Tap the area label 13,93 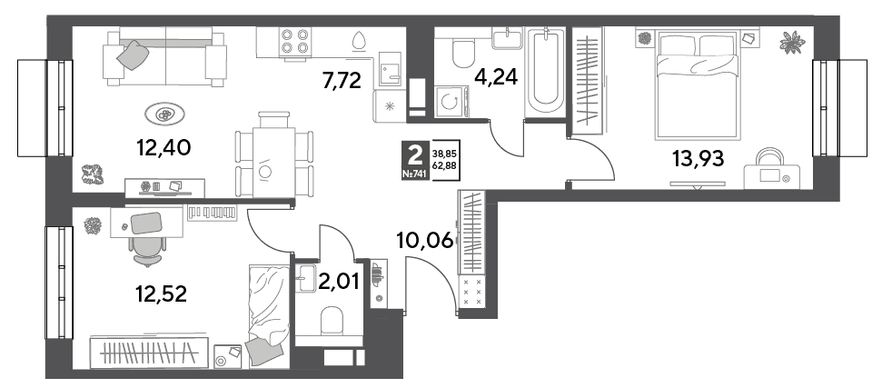pyautogui.click(x=699, y=159)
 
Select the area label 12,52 pyautogui.click(x=161, y=293)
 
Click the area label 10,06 pyautogui.click(x=425, y=241)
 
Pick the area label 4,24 pyautogui.click(x=495, y=75)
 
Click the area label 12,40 pyautogui.click(x=164, y=148)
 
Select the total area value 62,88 pyautogui.click(x=444, y=164)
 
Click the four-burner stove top pyautogui.click(x=295, y=41)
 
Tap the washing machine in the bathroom pyautogui.click(x=452, y=102)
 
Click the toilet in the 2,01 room pyautogui.click(x=332, y=322)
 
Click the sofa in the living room pyautogui.click(x=164, y=58)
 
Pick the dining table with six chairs pyautogui.click(x=274, y=154)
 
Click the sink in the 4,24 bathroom pyautogui.click(x=509, y=37)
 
